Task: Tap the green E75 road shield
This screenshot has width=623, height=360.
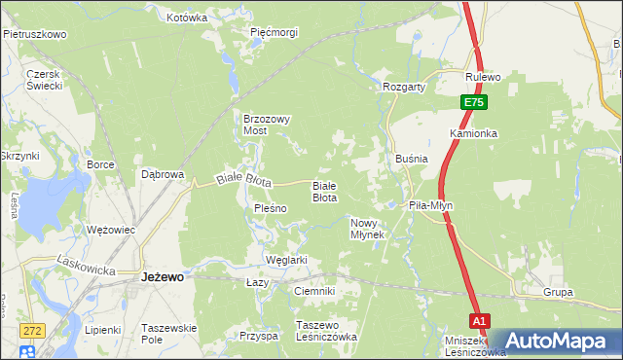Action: click(x=473, y=102)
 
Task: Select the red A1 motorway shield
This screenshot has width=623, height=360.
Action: click(x=478, y=320)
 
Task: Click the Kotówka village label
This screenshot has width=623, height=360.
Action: click(x=187, y=18)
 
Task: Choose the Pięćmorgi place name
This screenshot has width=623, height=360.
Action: click(x=274, y=32)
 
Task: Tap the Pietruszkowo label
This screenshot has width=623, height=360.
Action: click(x=34, y=34)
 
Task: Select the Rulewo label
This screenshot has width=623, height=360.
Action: click(x=483, y=77)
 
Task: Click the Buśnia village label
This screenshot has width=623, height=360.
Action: click(x=412, y=158)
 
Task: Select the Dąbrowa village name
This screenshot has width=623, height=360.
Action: click(x=163, y=175)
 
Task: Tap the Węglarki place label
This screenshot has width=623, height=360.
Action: click(x=286, y=260)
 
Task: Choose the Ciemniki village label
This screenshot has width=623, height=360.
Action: click(x=314, y=291)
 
